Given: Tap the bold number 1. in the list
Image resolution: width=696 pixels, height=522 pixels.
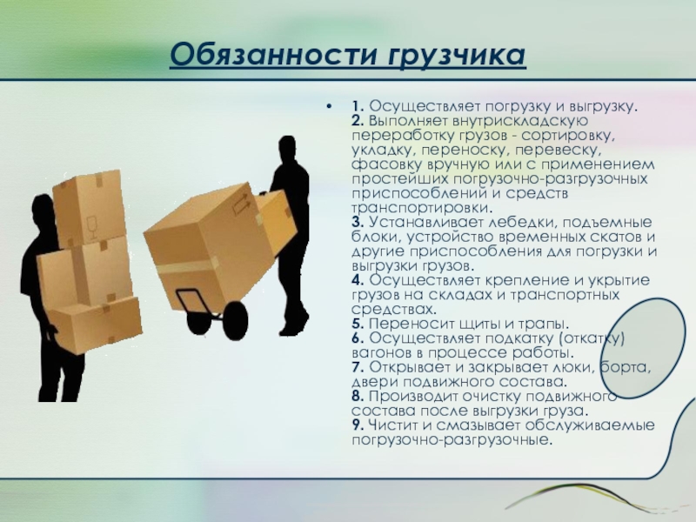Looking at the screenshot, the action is pyautogui.click(x=358, y=106).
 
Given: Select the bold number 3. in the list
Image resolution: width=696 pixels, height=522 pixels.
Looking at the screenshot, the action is pyautogui.click(x=358, y=222).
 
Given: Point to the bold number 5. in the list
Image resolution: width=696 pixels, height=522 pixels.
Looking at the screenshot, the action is pyautogui.click(x=358, y=324).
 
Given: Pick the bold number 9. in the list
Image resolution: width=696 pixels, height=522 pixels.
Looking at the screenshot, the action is pyautogui.click(x=358, y=425).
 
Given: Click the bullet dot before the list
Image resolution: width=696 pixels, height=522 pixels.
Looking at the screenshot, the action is pyautogui.click(x=329, y=106).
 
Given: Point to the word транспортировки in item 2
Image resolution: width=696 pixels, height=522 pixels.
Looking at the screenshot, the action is pyautogui.click(x=422, y=208).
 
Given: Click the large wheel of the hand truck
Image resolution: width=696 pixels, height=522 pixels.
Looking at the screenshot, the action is pyautogui.click(x=235, y=321).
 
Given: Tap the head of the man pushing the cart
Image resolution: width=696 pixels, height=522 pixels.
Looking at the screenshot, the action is pyautogui.click(x=287, y=150).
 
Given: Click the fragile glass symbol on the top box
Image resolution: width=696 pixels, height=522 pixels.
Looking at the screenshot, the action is pyautogui.click(x=92, y=228).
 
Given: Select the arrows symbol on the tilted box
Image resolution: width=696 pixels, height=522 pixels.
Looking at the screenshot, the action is pyautogui.click(x=241, y=204).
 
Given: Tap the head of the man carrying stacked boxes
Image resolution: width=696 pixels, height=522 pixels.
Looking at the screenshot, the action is pyautogui.click(x=43, y=210).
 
